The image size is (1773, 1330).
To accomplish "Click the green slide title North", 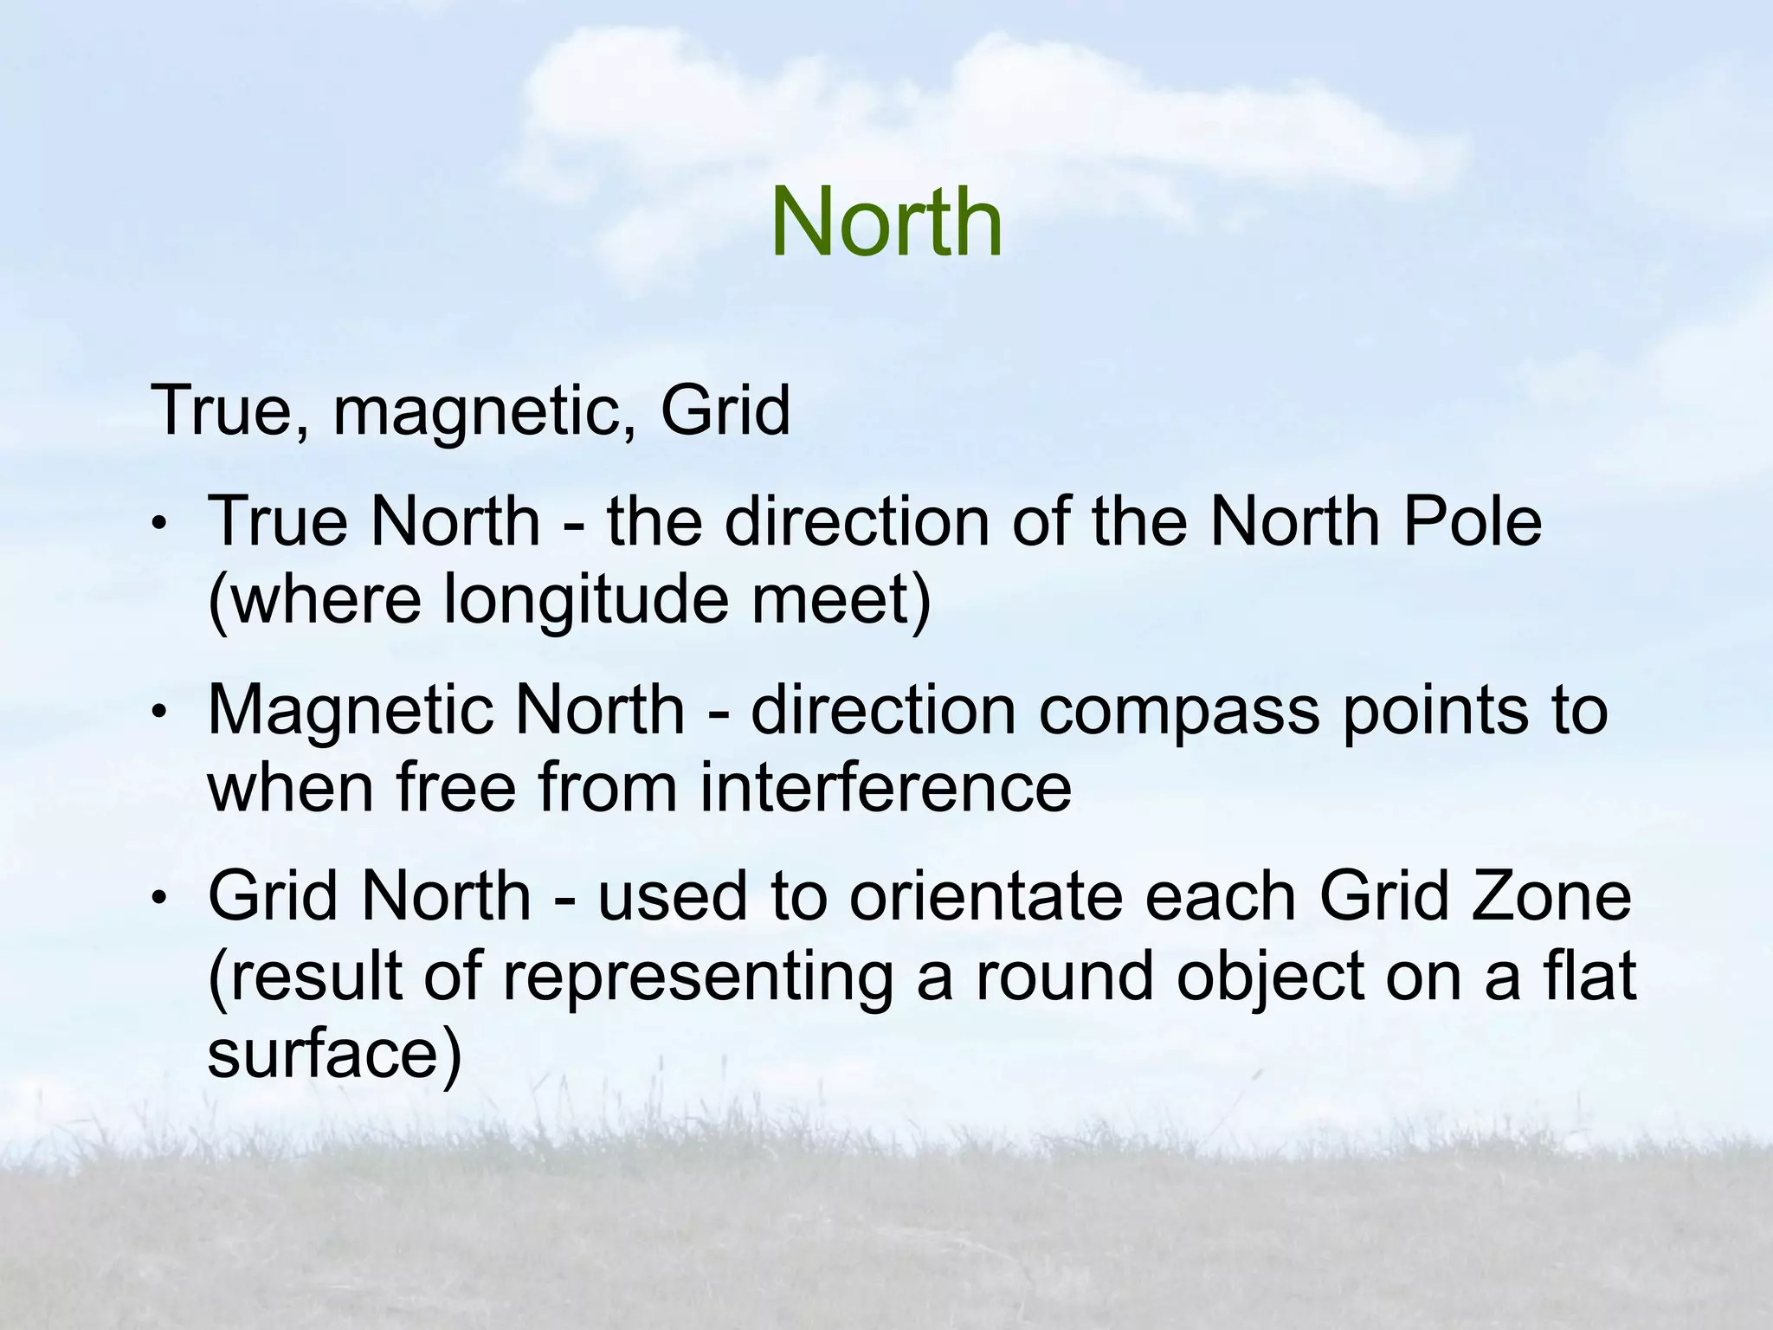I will click(886, 223).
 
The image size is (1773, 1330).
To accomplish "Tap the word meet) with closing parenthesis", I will click(841, 602).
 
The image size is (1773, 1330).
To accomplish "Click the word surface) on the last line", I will click(334, 1055).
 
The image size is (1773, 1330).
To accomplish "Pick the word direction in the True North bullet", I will click(855, 522).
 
